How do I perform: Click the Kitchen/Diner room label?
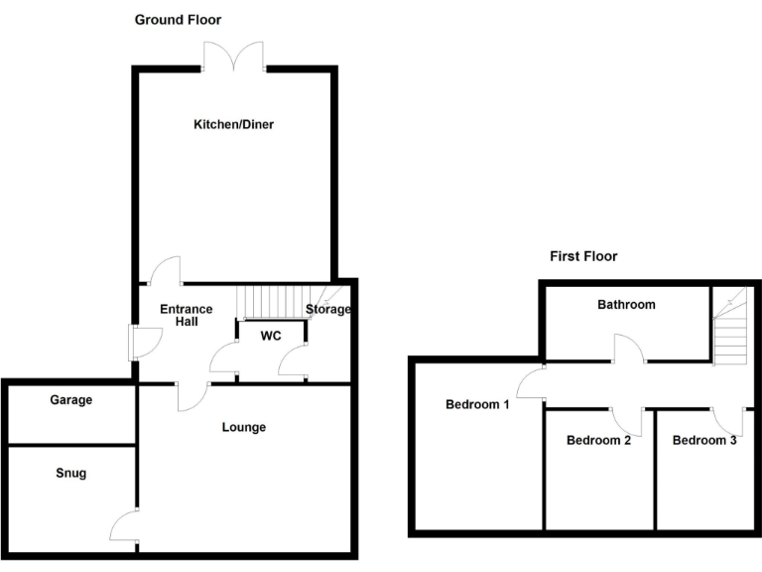233,125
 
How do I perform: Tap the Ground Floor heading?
179,20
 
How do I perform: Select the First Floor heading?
583,256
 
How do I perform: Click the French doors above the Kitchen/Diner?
235,56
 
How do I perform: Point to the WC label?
271,337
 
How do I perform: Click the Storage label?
327,310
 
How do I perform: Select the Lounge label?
243,428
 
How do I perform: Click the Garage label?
70,400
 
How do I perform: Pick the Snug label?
70,474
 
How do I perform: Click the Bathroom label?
626,305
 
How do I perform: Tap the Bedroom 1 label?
477,404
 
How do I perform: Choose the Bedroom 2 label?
598,440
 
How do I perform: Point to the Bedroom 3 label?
704,440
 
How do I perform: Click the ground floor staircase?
269,300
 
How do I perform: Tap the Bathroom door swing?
629,351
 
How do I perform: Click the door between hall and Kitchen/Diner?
165,270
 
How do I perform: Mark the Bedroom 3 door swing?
728,421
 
